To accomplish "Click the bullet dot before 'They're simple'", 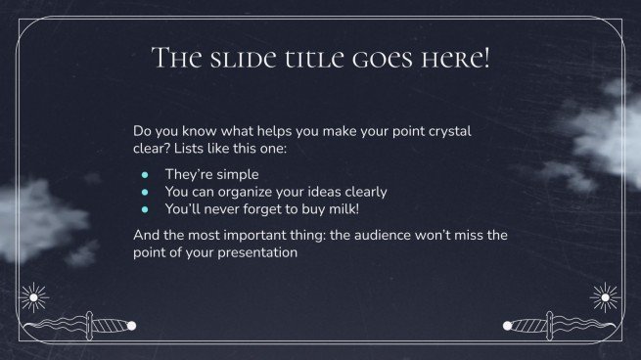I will coord(144,174).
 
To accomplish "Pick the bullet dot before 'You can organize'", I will coord(144,192).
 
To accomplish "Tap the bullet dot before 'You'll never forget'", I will coord(144,209).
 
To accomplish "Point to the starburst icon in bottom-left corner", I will coord(35,296).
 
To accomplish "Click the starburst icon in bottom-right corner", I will coord(606,296).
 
